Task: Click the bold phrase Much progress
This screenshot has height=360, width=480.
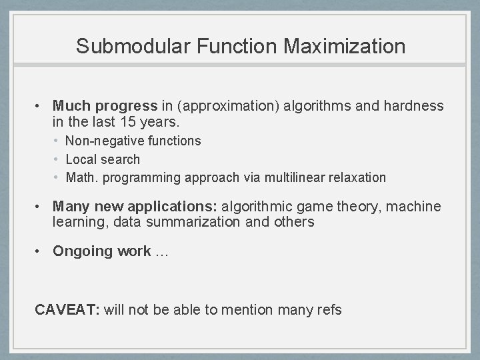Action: coord(105,106)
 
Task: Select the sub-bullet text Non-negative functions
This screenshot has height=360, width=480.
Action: coord(133,141)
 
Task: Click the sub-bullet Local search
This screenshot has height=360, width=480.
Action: coord(103,159)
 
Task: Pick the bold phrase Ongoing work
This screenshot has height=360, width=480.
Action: coord(101,251)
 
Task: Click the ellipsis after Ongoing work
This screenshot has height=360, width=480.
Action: coord(162,251)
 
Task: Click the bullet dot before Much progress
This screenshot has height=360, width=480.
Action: coord(40,107)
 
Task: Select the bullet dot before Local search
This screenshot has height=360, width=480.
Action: coord(58,159)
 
